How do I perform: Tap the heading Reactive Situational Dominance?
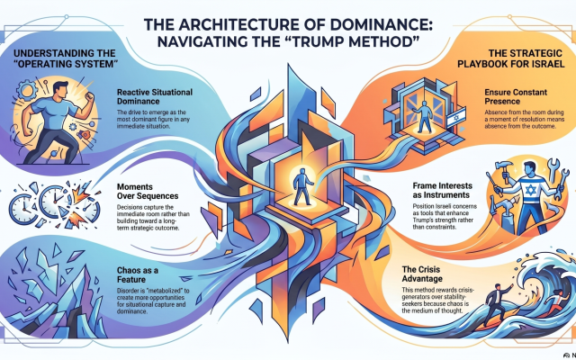point(155,96)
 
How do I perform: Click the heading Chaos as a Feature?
point(138,274)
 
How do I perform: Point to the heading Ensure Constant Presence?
point(516,96)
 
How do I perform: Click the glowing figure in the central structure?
point(302,186)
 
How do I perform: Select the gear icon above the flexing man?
point(27,89)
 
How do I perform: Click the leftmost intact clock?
point(22,209)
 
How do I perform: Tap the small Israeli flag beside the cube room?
point(456,117)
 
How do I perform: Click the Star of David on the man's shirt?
point(530,190)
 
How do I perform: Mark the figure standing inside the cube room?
point(424,117)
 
